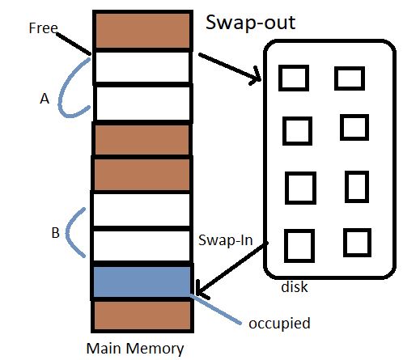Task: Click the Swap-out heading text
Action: (x=251, y=23)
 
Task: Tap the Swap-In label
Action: (x=223, y=240)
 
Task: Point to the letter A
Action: (x=45, y=99)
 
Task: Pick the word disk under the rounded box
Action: (x=295, y=286)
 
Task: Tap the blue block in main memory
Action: (x=142, y=282)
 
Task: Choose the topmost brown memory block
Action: (x=142, y=31)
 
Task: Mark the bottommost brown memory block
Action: (x=142, y=316)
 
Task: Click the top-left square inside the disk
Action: (x=293, y=78)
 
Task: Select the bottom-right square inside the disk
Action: (x=357, y=243)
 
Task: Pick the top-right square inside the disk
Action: (x=350, y=78)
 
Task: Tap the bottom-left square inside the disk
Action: (x=299, y=246)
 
